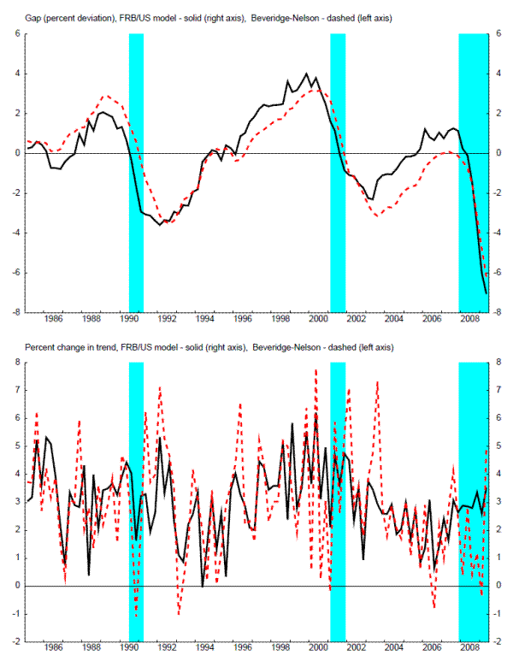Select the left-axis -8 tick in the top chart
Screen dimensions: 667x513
coord(17,312)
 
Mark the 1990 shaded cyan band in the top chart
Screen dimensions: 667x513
coord(136,171)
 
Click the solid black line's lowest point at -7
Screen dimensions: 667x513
coord(486,293)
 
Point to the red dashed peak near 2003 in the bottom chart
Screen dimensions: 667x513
coord(377,381)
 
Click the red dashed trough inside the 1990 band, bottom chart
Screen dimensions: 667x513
coord(136,615)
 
